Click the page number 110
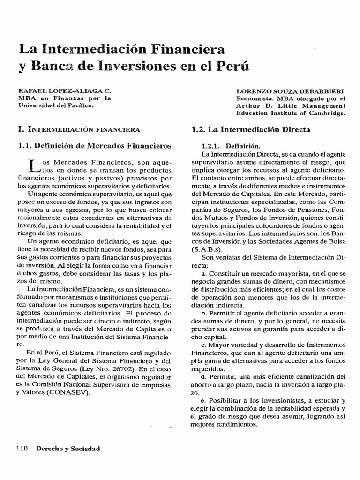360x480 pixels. [22, 449]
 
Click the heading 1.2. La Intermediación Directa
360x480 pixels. [252, 129]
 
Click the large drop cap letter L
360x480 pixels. [33, 165]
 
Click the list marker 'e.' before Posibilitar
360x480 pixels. [203, 401]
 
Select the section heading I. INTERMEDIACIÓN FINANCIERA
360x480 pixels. [78, 128]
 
